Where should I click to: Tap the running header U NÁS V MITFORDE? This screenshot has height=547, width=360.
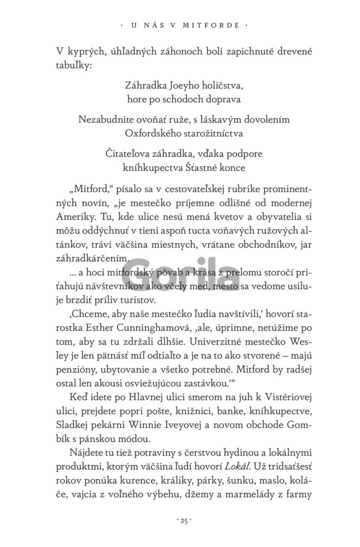[x=180, y=24]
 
